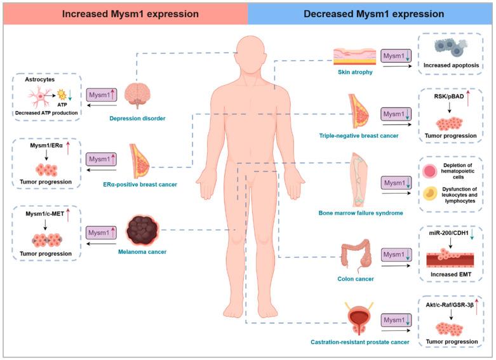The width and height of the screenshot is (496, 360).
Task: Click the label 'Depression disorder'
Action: (138, 117)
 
